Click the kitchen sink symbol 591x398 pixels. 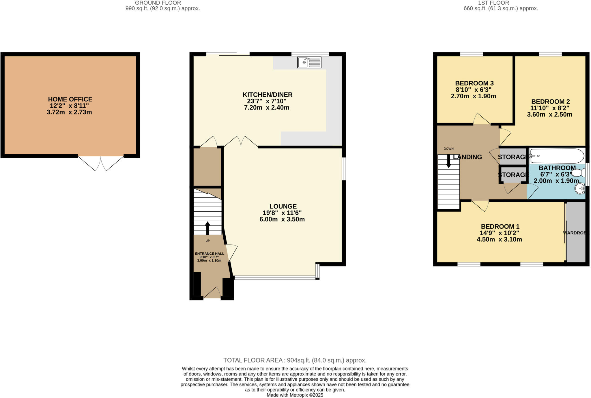309,62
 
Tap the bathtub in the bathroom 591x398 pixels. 556,156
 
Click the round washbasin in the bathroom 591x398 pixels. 579,189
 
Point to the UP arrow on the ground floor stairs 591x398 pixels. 207,228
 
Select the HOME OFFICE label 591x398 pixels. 70,99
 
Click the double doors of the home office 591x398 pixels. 101,163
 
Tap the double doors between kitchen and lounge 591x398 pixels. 241,142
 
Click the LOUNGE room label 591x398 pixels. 283,206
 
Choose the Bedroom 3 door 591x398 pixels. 481,119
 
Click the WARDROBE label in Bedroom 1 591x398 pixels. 574,233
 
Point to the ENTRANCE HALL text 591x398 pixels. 210,254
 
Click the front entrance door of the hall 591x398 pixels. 213,293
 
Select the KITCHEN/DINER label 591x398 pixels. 268,95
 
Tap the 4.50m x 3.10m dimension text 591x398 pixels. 499,239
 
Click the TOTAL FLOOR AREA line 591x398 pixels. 295,360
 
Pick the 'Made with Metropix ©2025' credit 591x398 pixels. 295,395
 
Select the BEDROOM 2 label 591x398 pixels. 550,102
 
